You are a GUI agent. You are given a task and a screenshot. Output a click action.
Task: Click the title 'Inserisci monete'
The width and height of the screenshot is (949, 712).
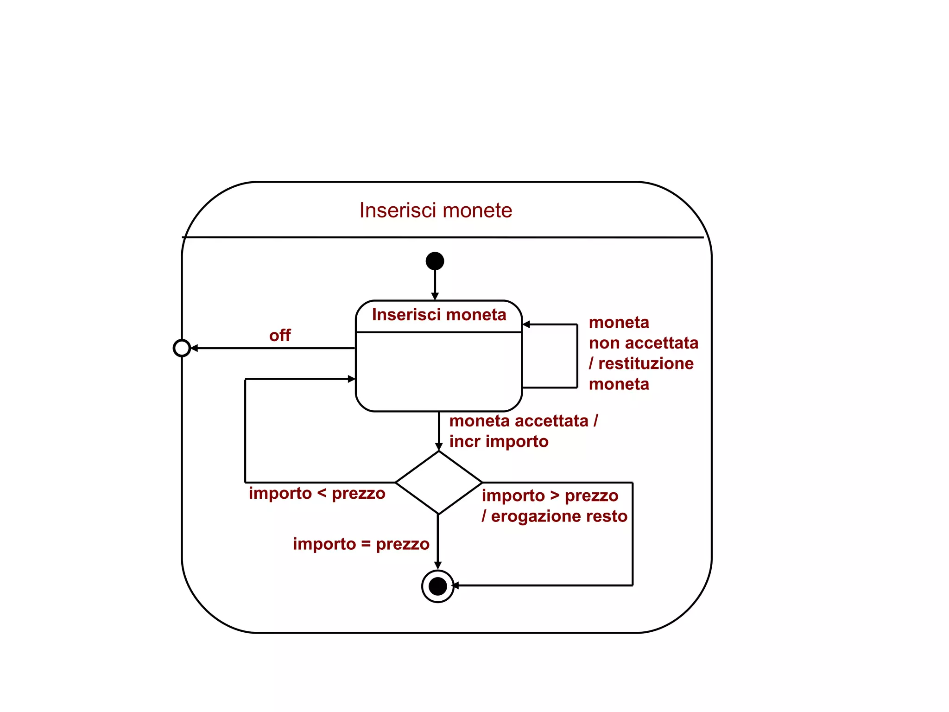(436, 210)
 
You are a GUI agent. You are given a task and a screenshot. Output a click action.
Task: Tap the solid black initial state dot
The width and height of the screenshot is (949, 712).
(435, 261)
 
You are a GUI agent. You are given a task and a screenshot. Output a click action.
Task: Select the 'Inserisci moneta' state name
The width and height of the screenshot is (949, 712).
(439, 315)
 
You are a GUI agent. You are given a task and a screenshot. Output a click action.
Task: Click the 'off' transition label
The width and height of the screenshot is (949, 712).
(280, 335)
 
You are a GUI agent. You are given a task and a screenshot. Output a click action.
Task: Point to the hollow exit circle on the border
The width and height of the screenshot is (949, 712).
(182, 348)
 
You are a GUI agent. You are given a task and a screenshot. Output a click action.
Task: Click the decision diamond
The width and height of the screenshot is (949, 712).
(438, 483)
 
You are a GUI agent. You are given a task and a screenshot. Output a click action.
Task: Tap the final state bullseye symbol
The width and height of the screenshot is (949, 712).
(437, 586)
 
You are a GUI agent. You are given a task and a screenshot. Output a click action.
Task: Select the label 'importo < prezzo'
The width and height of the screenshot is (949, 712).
(317, 493)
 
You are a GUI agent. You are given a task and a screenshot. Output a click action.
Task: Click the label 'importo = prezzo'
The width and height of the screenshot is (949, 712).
(361, 544)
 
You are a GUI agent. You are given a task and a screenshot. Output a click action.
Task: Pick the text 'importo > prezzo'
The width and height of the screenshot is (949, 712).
(550, 496)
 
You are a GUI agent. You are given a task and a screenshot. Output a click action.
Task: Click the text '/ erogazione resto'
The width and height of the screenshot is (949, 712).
(554, 516)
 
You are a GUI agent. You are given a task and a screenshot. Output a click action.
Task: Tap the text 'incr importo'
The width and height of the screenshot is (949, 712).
(499, 441)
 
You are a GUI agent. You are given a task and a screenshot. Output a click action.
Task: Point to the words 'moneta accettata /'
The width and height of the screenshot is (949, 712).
(524, 421)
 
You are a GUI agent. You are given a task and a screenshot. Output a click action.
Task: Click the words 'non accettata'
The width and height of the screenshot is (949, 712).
(643, 343)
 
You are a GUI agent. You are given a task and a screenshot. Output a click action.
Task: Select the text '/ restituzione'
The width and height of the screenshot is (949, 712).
(641, 363)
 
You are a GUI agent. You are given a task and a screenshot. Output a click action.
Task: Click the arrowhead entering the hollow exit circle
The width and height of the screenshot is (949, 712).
(194, 348)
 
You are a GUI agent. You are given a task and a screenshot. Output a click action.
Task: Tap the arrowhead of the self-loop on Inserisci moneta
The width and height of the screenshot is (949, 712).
(526, 324)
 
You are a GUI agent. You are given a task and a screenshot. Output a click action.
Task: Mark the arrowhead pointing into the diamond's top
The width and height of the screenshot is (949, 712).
(439, 447)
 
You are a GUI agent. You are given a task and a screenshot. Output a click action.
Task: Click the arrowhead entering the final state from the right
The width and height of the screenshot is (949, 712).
(456, 586)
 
